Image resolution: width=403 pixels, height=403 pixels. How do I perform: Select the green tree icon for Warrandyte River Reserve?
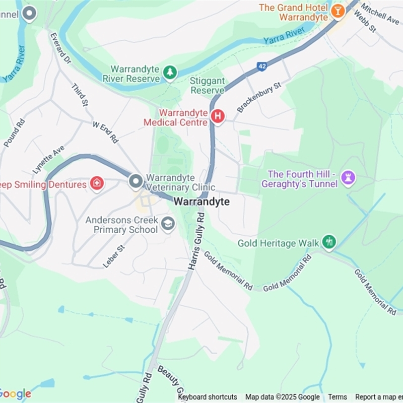170,74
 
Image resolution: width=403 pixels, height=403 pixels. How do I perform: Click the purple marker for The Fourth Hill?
348,177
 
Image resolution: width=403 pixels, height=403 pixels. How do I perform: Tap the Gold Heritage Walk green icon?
329,242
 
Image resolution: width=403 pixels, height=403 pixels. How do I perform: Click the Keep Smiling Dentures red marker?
97,184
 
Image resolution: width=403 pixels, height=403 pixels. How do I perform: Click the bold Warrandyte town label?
201,201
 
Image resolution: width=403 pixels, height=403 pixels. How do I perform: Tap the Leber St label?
113,256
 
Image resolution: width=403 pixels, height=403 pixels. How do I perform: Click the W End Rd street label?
105,132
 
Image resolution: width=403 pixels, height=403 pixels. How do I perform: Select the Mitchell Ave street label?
380,13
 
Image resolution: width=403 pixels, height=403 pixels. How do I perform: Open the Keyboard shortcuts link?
208,397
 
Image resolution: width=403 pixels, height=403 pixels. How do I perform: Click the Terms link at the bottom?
338,397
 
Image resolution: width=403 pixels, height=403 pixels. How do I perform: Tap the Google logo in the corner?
15,394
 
